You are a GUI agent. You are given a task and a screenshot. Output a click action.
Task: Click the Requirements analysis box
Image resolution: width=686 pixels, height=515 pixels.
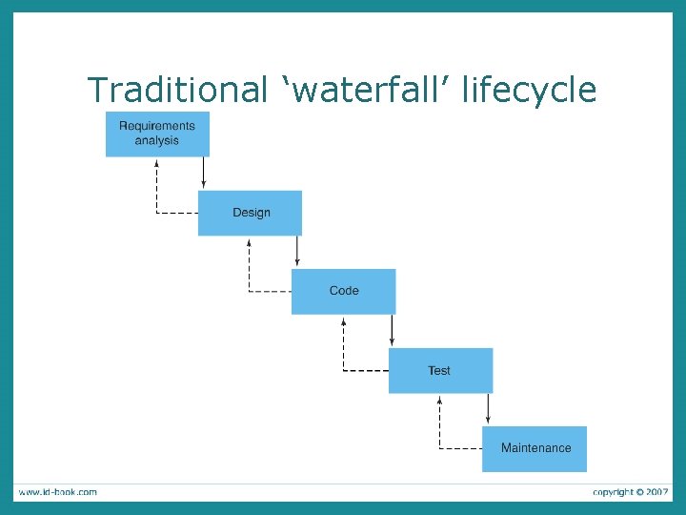click(x=157, y=134)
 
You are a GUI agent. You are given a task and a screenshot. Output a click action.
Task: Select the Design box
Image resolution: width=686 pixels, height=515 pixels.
click(x=250, y=213)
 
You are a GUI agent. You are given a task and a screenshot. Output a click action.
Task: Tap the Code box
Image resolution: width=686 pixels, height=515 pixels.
click(x=343, y=291)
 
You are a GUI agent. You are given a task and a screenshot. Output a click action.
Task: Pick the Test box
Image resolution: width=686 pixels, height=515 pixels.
click(x=440, y=370)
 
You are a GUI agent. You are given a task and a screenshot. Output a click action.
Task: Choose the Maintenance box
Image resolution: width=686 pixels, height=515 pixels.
click(x=535, y=448)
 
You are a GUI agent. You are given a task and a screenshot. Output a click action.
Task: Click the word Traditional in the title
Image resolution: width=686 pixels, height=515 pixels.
click(x=177, y=91)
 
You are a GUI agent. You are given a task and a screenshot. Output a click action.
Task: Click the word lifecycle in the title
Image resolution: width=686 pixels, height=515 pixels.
click(x=529, y=91)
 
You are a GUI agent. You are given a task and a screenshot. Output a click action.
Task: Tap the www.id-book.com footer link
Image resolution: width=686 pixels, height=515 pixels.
click(x=57, y=492)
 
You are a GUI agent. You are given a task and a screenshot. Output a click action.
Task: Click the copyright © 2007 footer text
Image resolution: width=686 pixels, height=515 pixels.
click(x=630, y=492)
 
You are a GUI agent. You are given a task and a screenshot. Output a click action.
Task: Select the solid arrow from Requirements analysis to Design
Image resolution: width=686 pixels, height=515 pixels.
click(x=204, y=174)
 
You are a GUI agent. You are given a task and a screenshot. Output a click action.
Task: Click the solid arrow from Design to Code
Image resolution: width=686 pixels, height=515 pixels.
click(x=297, y=252)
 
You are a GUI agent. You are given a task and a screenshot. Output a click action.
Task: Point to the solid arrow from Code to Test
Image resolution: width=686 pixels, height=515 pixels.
click(x=392, y=331)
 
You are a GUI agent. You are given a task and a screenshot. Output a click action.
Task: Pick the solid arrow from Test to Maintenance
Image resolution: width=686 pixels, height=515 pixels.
click(x=488, y=409)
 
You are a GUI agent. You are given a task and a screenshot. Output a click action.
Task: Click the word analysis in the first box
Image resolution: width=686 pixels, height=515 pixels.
click(x=157, y=141)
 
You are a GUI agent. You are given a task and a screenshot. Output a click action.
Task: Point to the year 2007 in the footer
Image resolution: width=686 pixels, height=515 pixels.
click(x=656, y=492)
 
